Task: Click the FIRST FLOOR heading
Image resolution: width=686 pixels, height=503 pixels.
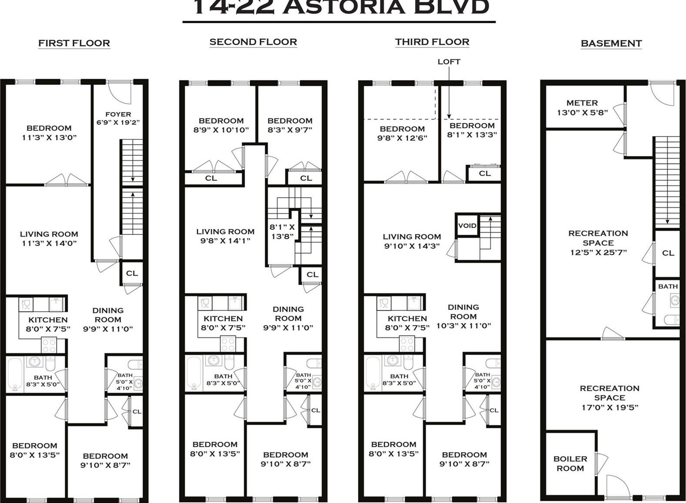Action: [74, 43]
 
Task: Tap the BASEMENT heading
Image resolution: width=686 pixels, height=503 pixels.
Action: [611, 43]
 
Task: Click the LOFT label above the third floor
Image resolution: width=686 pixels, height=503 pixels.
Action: [449, 62]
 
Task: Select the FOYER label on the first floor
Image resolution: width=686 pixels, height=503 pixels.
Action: [118, 114]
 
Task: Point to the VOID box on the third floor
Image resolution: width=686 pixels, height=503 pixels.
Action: [467, 226]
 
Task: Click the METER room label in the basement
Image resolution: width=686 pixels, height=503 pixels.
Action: [582, 103]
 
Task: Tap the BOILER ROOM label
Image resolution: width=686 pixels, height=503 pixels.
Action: [570, 463]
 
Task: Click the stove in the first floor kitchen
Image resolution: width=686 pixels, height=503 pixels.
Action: [49, 346]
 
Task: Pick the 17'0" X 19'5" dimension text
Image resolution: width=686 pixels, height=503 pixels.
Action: [609, 407]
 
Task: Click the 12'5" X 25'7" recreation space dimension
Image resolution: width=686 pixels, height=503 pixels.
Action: [598, 252]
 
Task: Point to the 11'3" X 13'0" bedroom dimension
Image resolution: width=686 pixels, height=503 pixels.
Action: [49, 137]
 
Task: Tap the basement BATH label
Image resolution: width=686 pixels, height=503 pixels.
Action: [668, 286]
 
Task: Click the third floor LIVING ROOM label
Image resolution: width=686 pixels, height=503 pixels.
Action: [412, 237]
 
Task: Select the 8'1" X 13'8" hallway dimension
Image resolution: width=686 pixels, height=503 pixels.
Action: [282, 231]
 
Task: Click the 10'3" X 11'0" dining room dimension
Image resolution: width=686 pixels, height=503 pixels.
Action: [463, 326]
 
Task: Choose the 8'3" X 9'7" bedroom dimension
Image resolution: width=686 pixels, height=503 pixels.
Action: [290, 130]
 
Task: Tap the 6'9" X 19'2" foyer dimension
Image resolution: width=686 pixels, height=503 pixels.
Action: [118, 122]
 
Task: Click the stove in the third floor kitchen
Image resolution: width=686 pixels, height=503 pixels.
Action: [407, 344]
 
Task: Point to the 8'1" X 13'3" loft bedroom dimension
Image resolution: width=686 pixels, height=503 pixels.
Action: [472, 135]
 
